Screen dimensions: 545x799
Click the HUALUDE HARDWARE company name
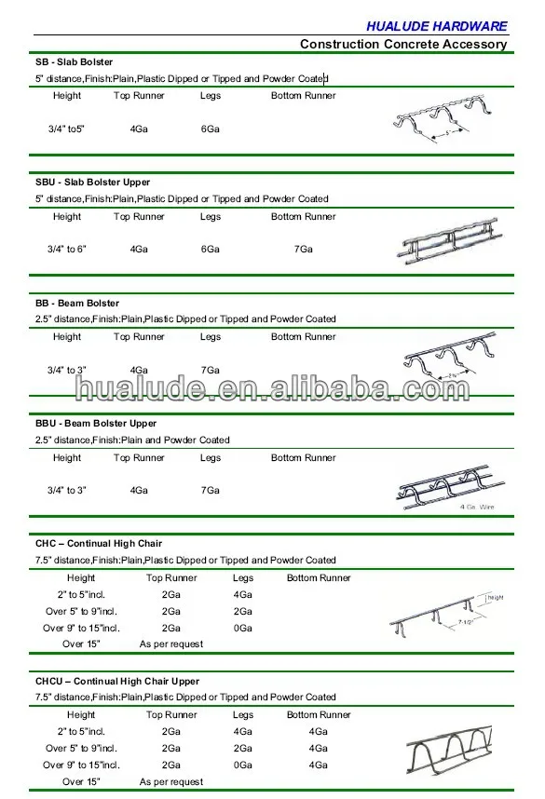(x=449, y=26)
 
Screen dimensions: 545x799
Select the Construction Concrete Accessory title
(x=403, y=44)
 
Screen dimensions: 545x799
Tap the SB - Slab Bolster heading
(x=75, y=61)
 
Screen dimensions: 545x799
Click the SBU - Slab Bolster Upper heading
(x=93, y=183)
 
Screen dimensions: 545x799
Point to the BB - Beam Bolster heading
(x=79, y=303)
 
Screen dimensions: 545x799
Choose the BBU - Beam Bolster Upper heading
(x=97, y=423)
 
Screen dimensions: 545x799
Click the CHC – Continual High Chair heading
(x=99, y=543)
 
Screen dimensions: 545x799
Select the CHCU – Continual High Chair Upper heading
(x=117, y=681)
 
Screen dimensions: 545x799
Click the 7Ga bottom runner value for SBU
(x=304, y=249)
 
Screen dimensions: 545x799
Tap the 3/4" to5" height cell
(x=67, y=129)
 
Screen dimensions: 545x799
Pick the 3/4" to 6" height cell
(x=67, y=249)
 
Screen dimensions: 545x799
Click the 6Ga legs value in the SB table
(x=211, y=129)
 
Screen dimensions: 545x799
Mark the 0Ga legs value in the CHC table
(x=243, y=628)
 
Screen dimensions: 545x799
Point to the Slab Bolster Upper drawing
(x=445, y=248)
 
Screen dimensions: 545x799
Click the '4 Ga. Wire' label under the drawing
(x=476, y=508)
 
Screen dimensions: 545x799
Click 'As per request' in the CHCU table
(x=171, y=781)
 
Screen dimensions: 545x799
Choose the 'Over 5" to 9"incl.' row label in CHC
(x=81, y=611)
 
